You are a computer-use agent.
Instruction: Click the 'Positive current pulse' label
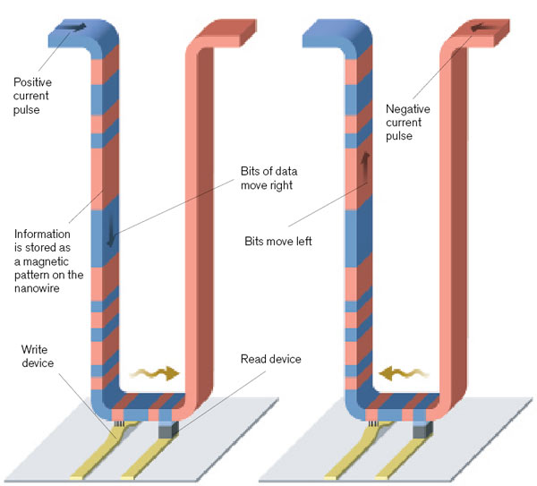34,96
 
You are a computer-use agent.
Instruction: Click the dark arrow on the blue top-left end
73,28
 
